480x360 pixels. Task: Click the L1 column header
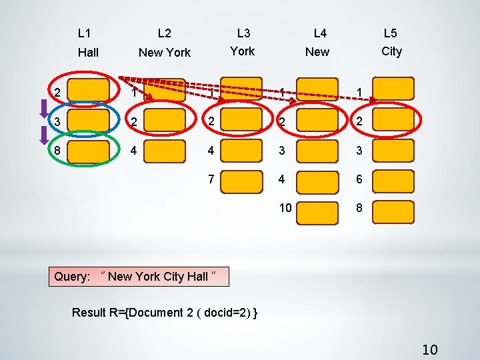point(85,33)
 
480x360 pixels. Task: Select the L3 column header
point(243,33)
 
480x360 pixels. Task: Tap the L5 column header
point(390,33)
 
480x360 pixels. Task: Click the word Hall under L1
point(88,52)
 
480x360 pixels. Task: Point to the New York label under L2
point(165,52)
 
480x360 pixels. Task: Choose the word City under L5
point(391,51)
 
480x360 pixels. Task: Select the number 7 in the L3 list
point(211,179)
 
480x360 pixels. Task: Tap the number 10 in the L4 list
point(285,208)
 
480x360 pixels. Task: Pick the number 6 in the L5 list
point(359,179)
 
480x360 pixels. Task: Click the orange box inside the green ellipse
point(87,151)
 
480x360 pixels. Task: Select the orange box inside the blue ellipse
point(87,122)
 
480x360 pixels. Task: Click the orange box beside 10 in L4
point(317,209)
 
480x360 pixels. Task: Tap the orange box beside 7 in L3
point(241,180)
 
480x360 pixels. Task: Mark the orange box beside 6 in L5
point(392,180)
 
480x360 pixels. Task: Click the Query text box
point(139,276)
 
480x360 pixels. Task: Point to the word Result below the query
point(89,313)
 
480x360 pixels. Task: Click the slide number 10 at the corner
point(430,349)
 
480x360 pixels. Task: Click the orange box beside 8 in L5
point(392,209)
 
